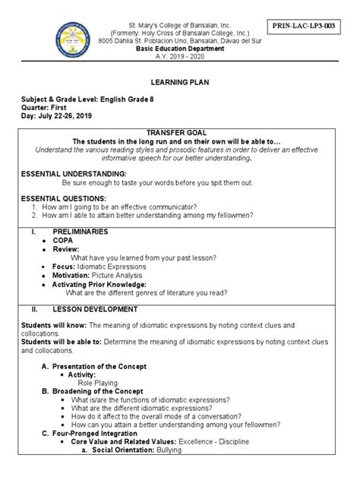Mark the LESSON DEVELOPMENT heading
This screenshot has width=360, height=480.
pos(95,309)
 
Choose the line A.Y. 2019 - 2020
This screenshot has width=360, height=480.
pos(181,66)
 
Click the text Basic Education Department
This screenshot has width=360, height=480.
pos(181,58)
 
